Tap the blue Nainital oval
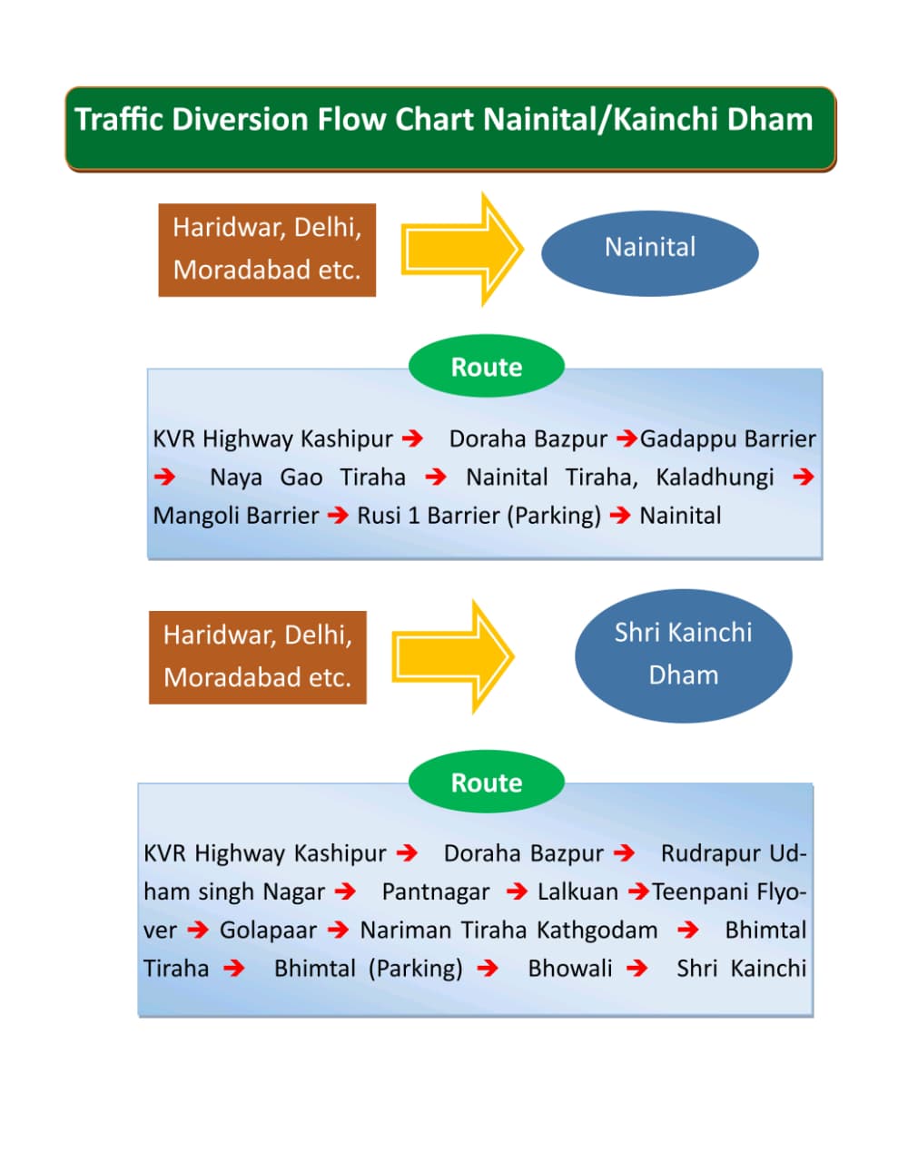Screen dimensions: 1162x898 [649, 248]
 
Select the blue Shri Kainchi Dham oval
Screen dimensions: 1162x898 [683, 655]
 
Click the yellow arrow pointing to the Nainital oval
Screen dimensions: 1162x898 [462, 249]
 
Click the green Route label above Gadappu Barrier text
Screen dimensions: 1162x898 [487, 367]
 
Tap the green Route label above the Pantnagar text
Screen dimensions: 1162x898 [487, 783]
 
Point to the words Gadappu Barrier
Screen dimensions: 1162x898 [727, 439]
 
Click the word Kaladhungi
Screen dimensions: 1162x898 [715, 478]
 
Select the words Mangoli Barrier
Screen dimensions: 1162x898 [235, 516]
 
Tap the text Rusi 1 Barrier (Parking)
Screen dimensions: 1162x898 [479, 516]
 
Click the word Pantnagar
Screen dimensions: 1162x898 [435, 892]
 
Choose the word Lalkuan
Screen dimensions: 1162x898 [577, 892]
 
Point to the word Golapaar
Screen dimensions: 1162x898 [268, 931]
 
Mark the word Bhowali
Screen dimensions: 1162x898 [569, 969]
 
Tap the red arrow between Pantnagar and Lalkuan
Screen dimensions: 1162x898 [517, 892]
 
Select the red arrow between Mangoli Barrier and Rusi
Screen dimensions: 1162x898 [338, 516]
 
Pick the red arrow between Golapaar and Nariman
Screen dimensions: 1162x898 [338, 931]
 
